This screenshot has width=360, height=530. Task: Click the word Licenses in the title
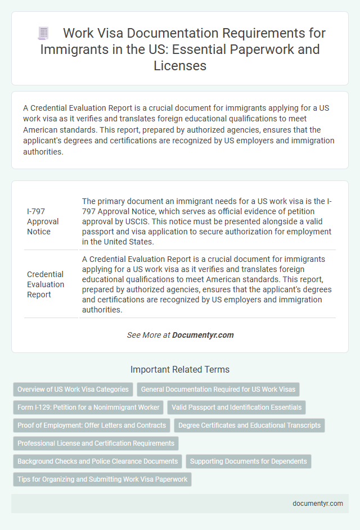coord(180,66)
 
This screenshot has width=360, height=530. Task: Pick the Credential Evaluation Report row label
coord(46,284)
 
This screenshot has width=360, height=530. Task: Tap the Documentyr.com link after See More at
coord(202,335)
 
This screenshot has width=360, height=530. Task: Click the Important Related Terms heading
coord(180,370)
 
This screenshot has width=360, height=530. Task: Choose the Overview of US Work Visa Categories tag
coord(73,389)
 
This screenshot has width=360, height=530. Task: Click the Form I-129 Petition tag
coord(88,407)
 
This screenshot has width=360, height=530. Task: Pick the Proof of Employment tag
coord(92,425)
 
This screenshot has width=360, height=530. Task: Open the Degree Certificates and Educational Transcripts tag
coord(249,425)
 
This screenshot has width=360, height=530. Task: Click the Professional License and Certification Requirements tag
coord(96,443)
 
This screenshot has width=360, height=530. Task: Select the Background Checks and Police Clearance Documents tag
coord(97,461)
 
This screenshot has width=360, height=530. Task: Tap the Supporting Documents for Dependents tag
coord(249,461)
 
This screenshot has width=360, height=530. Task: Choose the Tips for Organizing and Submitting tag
coord(102,479)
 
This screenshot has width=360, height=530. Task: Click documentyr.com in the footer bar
coord(318,504)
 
